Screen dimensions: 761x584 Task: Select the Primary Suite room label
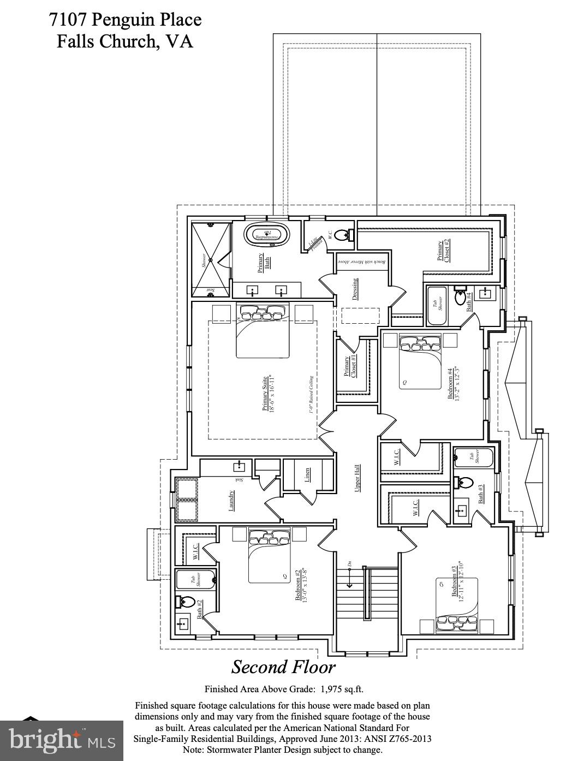click(267, 393)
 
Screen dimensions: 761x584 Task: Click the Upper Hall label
click(357, 478)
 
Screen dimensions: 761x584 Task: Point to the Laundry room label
click(231, 501)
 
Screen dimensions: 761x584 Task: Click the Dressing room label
click(355, 289)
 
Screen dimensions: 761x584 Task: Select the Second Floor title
click(283, 667)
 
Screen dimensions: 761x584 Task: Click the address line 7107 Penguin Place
click(125, 20)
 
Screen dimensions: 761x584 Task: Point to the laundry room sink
click(239, 467)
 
